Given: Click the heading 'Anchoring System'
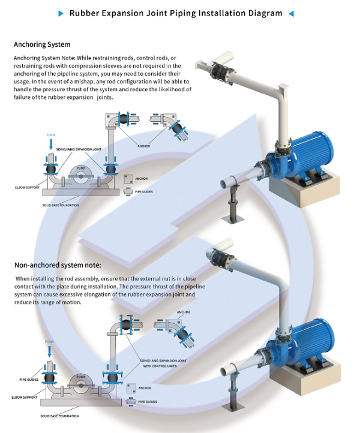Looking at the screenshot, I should click(42, 44).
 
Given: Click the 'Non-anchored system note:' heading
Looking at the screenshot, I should click(58, 264).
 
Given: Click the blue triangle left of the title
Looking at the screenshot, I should click(61, 13).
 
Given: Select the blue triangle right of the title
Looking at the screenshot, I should click(291, 13).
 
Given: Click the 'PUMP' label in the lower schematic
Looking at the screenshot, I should click(82, 377).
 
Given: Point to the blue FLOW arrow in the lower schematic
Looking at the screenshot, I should click(50, 350).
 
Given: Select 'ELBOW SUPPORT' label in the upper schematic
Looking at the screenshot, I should click(26, 188).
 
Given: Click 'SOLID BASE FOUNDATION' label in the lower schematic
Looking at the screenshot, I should click(59, 416).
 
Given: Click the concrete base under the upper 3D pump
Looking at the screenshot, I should click(299, 189).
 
